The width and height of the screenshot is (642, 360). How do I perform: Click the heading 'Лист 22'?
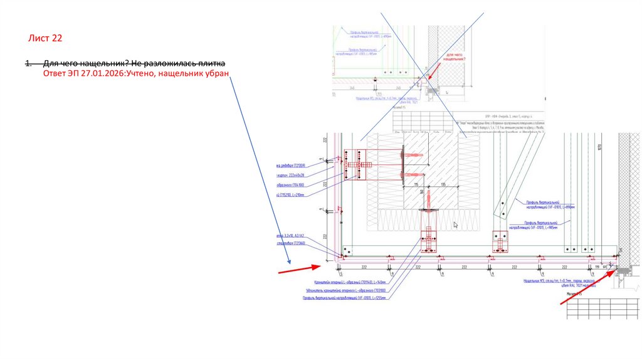click(x=45, y=39)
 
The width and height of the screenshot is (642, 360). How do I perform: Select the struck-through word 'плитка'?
click(x=211, y=64)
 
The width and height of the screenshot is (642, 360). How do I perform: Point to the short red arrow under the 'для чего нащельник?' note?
click(x=436, y=71)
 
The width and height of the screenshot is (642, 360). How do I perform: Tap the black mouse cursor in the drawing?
click(x=456, y=224)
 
